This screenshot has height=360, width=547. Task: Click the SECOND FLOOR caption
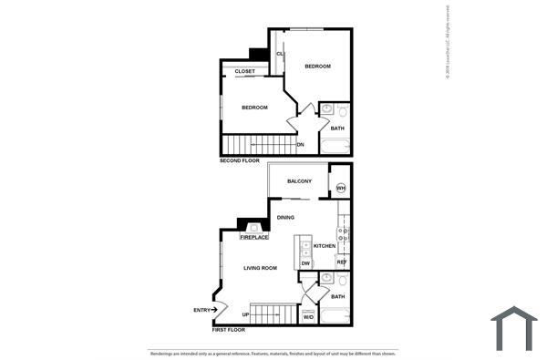tap(240, 160)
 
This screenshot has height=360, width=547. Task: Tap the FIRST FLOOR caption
tap(230, 330)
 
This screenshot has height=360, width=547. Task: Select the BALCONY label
tap(300, 181)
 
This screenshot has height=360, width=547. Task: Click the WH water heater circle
tap(340, 189)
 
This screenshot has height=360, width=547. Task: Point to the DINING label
tap(285, 218)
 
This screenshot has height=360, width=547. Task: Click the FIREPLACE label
tap(254, 237)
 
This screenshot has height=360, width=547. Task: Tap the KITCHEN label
tap(325, 246)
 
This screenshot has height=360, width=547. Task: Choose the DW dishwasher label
tap(305, 263)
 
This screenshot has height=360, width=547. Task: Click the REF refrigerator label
tap(342, 262)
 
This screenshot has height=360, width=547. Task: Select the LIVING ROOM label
tap(260, 268)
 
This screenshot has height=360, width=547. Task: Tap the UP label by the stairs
tap(245, 315)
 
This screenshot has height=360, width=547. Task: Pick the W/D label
tap(308, 317)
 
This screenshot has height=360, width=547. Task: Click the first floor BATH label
tap(337, 297)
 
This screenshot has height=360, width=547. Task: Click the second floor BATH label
tap(337, 129)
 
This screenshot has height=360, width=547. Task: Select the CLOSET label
tap(244, 71)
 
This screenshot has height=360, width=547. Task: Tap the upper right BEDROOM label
tap(316, 66)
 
